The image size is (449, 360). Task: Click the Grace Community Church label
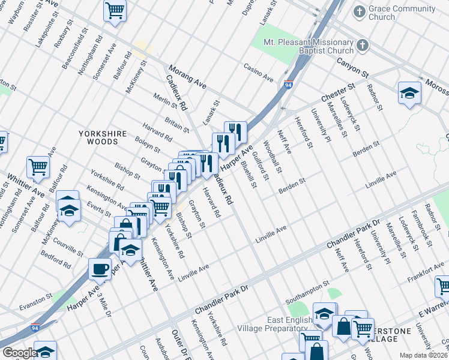click(x=402, y=13)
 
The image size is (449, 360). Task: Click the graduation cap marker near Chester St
click(x=409, y=93)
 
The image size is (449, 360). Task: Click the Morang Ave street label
click(x=187, y=78)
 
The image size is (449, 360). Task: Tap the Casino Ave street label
click(x=258, y=72)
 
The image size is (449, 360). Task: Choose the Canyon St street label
click(x=352, y=67)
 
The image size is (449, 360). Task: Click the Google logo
click(x=20, y=353)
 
